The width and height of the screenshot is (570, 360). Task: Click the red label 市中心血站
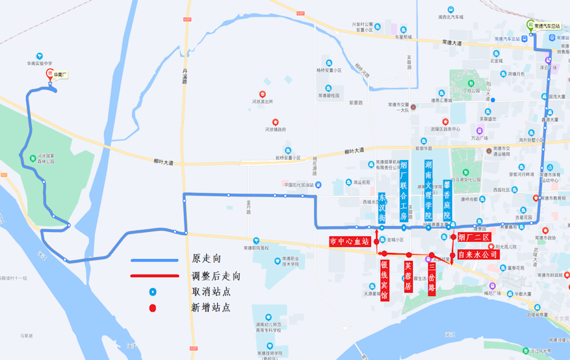(350, 242)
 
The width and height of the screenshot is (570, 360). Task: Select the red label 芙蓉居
(408, 276)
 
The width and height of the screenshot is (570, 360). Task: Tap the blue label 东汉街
(382, 208)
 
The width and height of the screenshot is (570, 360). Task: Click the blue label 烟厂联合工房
(404, 191)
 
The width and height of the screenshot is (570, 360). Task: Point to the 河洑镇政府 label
(275, 129)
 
